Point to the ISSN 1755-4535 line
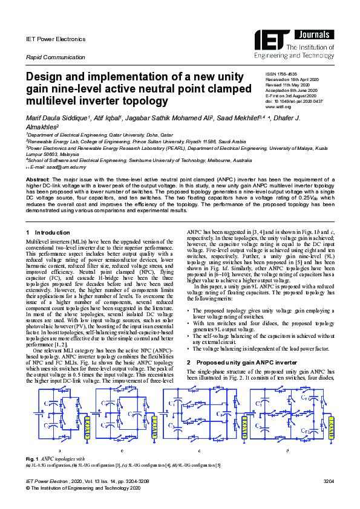(x=283, y=74)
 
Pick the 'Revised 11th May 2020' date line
(x=287, y=85)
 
